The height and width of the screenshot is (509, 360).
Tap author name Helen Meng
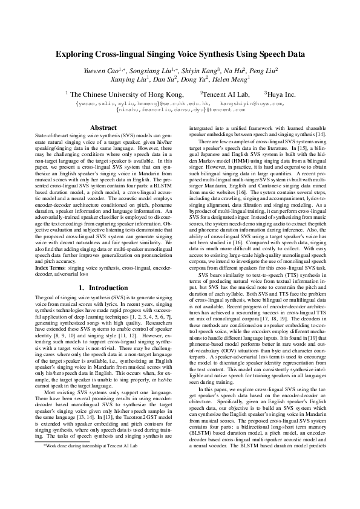231,79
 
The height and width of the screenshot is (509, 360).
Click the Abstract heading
103,128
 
